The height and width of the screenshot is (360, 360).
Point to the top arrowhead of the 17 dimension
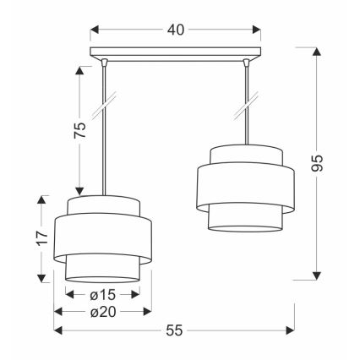(x=41, y=199)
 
